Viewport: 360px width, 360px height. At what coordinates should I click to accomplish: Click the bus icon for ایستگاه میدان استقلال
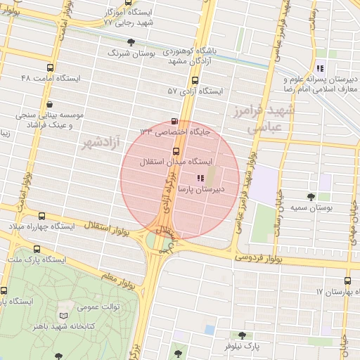pos(176,151)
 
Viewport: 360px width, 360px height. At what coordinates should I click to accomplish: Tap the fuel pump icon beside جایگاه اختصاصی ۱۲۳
pos(175,121)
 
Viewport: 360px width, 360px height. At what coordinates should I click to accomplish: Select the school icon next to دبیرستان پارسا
pos(200,179)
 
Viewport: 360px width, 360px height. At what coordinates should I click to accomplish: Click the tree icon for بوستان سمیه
pos(311,196)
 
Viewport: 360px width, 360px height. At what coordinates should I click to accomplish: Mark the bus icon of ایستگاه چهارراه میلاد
pos(42,217)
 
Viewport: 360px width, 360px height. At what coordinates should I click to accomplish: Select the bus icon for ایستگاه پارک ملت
pos(37,249)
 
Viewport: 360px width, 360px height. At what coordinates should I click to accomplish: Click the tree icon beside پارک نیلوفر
pos(243,335)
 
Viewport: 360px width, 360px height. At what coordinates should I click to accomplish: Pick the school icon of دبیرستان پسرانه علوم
pos(320,68)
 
